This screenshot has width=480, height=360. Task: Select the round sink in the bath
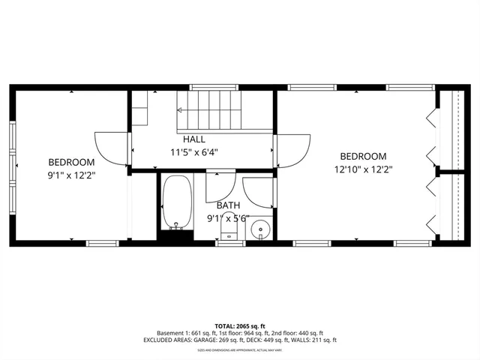(261, 227)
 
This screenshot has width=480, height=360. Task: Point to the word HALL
(194, 139)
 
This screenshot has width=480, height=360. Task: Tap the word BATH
(229, 205)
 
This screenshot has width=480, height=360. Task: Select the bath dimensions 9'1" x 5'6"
(229, 218)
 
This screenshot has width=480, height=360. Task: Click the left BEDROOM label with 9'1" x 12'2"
(72, 162)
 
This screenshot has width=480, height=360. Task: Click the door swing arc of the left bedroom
(111, 148)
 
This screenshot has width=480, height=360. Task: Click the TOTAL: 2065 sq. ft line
(240, 325)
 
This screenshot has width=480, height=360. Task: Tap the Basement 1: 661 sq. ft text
(186, 332)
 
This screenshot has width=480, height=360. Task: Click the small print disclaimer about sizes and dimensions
(240, 350)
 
